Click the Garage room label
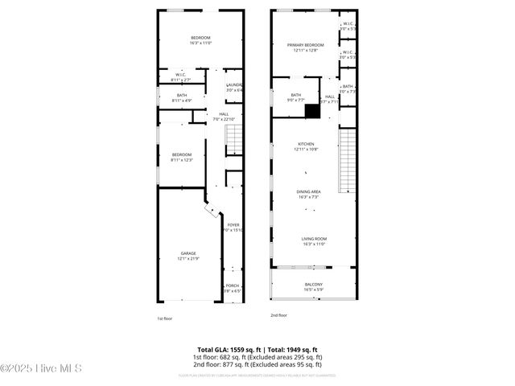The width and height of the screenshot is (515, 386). tap(187, 256)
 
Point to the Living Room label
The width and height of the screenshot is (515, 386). tap(313, 240)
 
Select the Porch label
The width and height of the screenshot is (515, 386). tap(233, 288)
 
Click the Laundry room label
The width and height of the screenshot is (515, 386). tap(234, 87)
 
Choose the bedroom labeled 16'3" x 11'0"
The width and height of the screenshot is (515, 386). tap(200, 41)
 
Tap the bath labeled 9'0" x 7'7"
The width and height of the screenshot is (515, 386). tap(295, 97)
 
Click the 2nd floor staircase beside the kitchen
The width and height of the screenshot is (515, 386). tap(348, 161)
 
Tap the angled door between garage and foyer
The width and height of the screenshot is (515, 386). tap(211, 211)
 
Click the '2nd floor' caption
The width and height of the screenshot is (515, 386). tap(279, 315)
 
